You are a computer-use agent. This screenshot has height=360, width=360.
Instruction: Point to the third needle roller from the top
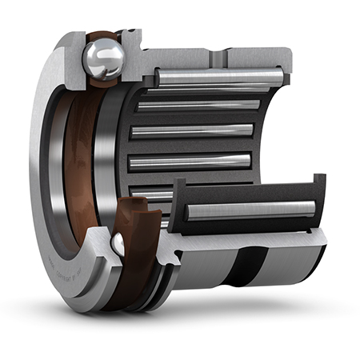point(191,130)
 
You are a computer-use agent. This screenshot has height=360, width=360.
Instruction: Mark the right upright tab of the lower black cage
point(318,192)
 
